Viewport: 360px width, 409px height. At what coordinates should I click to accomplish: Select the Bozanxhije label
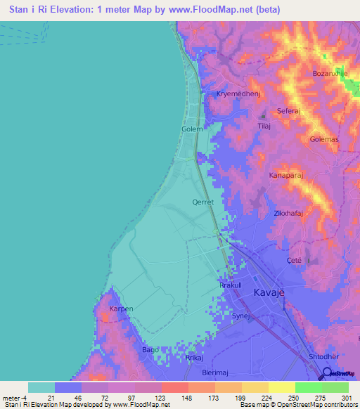pos(331,73)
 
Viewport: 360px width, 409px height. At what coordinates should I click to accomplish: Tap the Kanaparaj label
pos(286,176)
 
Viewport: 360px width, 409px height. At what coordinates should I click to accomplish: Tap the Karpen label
pos(121,309)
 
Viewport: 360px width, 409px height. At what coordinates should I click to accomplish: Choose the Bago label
pos(150,349)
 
